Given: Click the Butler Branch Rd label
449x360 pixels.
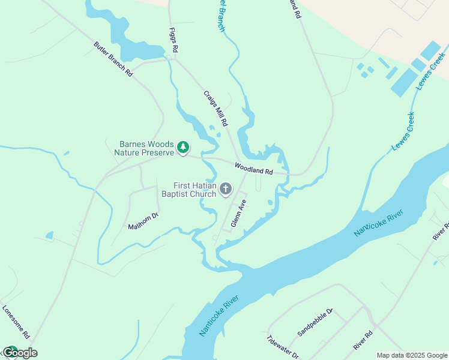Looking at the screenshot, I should (x=113, y=59).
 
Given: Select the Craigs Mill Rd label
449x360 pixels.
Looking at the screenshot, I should (x=215, y=108).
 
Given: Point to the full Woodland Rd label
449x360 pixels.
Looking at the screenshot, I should (x=253, y=169).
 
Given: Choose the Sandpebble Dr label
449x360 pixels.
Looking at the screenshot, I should (x=315, y=322).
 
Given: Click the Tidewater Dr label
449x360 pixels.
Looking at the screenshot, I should (x=282, y=346).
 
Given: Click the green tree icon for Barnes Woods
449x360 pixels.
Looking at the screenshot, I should (x=183, y=147).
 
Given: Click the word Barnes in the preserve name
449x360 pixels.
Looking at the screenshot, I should (x=134, y=145).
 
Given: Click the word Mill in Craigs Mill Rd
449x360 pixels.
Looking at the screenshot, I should (x=217, y=110).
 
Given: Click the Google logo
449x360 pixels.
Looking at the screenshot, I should (x=19, y=353).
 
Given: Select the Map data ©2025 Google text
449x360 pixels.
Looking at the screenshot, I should (x=411, y=355).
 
